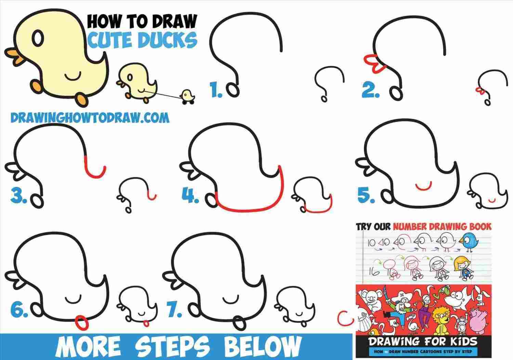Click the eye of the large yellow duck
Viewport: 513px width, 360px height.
click(38, 38)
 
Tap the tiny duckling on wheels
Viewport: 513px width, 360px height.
click(187, 96)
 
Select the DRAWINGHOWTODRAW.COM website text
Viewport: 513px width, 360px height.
click(90, 118)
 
